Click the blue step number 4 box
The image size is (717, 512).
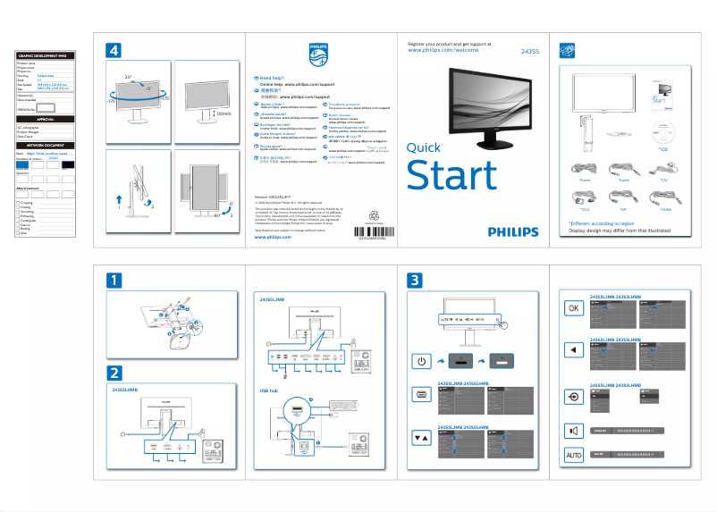tap(113, 51)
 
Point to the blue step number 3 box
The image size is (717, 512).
tap(416, 280)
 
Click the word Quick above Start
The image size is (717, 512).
tap(423, 148)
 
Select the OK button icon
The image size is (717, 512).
tap(574, 307)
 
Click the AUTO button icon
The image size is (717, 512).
tap(574, 456)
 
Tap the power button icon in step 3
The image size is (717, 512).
tap(422, 361)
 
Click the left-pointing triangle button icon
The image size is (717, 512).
tap(574, 349)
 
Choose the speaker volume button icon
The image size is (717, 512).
tap(574, 431)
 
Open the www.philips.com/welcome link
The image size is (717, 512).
tap(444, 51)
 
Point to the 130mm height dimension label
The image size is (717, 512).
tap(224, 113)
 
